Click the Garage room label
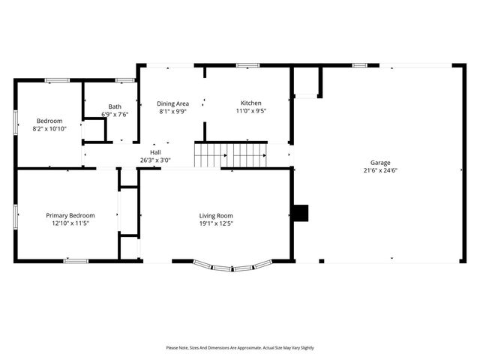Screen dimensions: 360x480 click(379, 163)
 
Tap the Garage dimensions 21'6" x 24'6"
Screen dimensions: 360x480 click(379, 170)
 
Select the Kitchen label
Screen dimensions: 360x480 click(250, 103)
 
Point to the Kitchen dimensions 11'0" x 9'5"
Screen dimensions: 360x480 click(250, 111)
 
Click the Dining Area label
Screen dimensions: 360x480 click(172, 103)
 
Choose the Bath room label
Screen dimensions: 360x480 click(115, 106)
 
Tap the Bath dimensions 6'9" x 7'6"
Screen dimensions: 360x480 click(115, 115)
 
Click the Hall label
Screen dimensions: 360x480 click(155, 152)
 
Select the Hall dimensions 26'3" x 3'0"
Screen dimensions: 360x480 click(155, 160)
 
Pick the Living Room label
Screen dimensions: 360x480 click(216, 215)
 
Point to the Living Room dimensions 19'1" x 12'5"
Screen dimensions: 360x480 click(216, 223)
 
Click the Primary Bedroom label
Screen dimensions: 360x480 click(70, 215)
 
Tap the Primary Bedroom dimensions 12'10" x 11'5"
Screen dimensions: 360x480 click(70, 223)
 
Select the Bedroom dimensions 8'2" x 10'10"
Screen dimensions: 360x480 click(49, 129)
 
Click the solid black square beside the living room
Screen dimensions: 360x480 click(300, 213)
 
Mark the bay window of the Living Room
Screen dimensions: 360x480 click(232, 265)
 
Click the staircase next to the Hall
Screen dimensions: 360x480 click(231, 155)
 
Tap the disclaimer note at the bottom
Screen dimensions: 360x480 click(240, 348)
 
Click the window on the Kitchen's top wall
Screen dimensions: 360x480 click(247, 65)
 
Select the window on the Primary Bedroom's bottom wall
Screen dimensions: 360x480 click(75, 261)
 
